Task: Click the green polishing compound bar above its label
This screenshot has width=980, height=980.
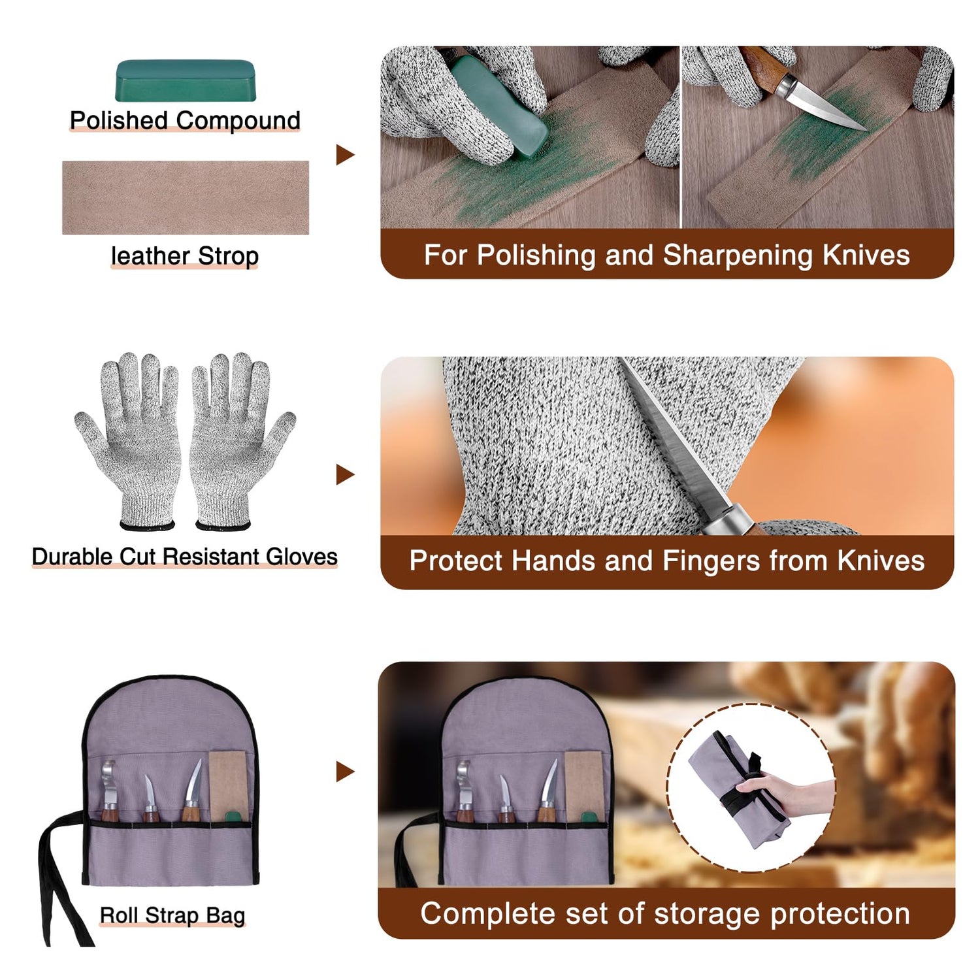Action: click(185, 80)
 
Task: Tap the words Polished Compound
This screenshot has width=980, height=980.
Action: click(185, 120)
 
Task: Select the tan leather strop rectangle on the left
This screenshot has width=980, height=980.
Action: click(186, 197)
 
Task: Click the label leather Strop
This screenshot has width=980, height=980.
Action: click(185, 255)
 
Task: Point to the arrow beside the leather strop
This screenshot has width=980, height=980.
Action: click(345, 155)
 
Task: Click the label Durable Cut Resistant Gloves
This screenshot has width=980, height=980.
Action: click(185, 557)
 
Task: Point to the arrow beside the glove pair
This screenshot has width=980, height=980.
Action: click(345, 474)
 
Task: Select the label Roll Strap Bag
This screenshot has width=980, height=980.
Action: click(172, 915)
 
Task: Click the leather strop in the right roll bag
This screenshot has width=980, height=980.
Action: click(583, 786)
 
